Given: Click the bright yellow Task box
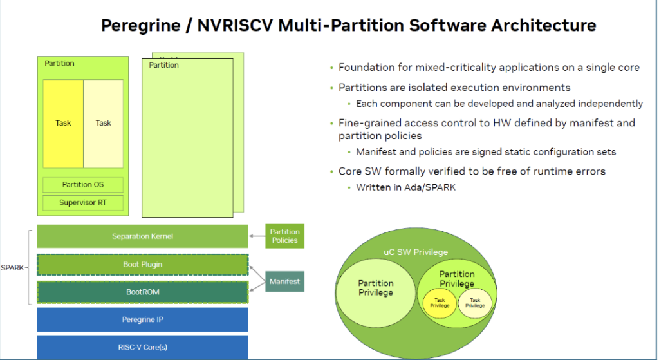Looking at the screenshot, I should pyautogui.click(x=63, y=124).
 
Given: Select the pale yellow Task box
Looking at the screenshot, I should pyautogui.click(x=104, y=124).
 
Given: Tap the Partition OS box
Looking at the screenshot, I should pyautogui.click(x=83, y=185).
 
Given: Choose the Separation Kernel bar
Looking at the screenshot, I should pyautogui.click(x=142, y=236).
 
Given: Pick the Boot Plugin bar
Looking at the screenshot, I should pyautogui.click(x=142, y=265).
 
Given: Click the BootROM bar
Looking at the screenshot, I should pyautogui.click(x=142, y=292).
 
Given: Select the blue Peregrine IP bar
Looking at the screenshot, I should pyautogui.click(x=142, y=320).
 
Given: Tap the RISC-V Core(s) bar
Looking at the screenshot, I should pyautogui.click(x=142, y=347).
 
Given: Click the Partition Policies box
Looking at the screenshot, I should pyautogui.click(x=284, y=236).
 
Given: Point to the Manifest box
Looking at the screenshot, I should pyautogui.click(x=284, y=281).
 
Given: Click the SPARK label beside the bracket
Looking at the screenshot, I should pyautogui.click(x=12, y=267).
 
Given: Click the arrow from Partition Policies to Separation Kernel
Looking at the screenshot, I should pyautogui.click(x=257, y=236).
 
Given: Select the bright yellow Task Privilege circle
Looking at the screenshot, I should pyautogui.click(x=440, y=303).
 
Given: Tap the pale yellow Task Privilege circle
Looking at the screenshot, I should pyautogui.click(x=475, y=303).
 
